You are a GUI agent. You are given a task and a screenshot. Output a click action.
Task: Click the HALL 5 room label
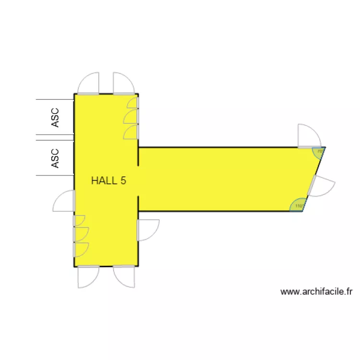click(x=108, y=181)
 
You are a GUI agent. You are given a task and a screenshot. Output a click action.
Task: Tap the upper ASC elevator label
click(x=55, y=118)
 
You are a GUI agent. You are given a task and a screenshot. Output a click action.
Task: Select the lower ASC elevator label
click(x=55, y=158)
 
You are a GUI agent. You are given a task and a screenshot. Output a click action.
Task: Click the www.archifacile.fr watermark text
click(x=317, y=291)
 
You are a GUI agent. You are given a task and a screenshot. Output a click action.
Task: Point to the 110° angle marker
click(x=298, y=205)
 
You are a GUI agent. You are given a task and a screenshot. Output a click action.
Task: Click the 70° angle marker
click(x=319, y=152)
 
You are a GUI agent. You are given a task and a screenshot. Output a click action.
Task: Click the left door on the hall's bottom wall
click(x=88, y=277)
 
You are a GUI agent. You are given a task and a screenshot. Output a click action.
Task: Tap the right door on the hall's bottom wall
click(x=124, y=277)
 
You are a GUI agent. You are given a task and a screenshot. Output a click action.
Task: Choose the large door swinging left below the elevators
click(x=64, y=201)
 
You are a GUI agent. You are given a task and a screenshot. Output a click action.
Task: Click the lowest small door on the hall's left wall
click(x=80, y=250)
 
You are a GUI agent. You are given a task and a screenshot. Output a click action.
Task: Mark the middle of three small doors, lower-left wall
click(x=80, y=233)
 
